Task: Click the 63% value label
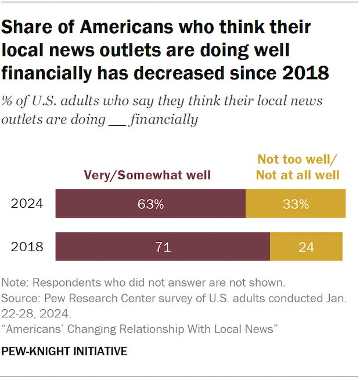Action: click(x=150, y=204)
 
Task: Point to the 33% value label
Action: click(x=296, y=204)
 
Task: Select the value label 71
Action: click(x=163, y=247)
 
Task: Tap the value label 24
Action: click(x=306, y=247)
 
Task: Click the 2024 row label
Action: click(x=27, y=204)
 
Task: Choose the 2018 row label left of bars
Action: click(x=27, y=247)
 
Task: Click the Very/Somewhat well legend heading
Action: click(x=147, y=175)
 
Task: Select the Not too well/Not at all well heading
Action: click(x=298, y=167)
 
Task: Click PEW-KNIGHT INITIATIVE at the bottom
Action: click(x=64, y=352)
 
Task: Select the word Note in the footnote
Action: click(x=15, y=283)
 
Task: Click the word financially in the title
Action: click(x=46, y=73)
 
